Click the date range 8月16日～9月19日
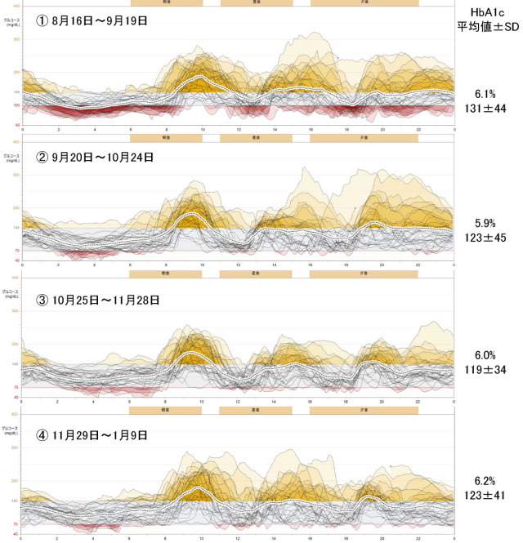click(102, 20)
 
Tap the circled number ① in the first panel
click(41, 20)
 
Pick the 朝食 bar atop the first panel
click(165, 2)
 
